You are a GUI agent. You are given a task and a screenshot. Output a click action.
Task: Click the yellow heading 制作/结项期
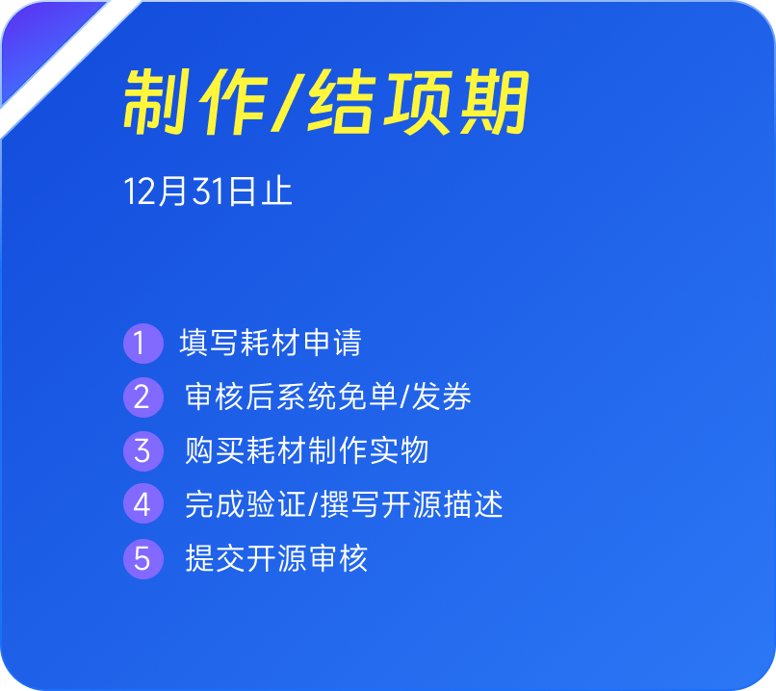[x=326, y=102]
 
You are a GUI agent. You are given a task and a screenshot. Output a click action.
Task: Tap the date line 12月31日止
[x=208, y=191]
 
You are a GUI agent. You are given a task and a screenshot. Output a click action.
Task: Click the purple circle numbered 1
[x=143, y=344]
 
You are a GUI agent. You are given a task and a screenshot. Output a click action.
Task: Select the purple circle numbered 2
[x=143, y=397]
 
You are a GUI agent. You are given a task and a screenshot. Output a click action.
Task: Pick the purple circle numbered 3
[x=143, y=451]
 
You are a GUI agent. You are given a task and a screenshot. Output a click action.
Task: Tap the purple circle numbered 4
[x=143, y=504]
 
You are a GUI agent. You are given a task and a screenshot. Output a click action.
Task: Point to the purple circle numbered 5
[x=143, y=559]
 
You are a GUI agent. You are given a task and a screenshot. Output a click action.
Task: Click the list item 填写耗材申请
[x=271, y=343]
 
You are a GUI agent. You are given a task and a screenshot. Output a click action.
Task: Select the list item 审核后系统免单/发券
[x=328, y=397]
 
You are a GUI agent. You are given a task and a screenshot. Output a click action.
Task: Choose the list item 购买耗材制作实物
[x=306, y=450]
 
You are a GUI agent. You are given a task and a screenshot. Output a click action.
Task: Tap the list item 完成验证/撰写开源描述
[x=344, y=504]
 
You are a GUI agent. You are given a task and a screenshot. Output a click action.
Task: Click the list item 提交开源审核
[x=276, y=558]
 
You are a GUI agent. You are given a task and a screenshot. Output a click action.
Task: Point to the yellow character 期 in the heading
[x=495, y=102]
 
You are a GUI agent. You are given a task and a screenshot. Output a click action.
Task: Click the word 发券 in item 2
[x=442, y=397]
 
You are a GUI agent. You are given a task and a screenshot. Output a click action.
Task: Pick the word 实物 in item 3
[x=399, y=450]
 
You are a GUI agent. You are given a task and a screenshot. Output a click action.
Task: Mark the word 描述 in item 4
[x=473, y=504]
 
